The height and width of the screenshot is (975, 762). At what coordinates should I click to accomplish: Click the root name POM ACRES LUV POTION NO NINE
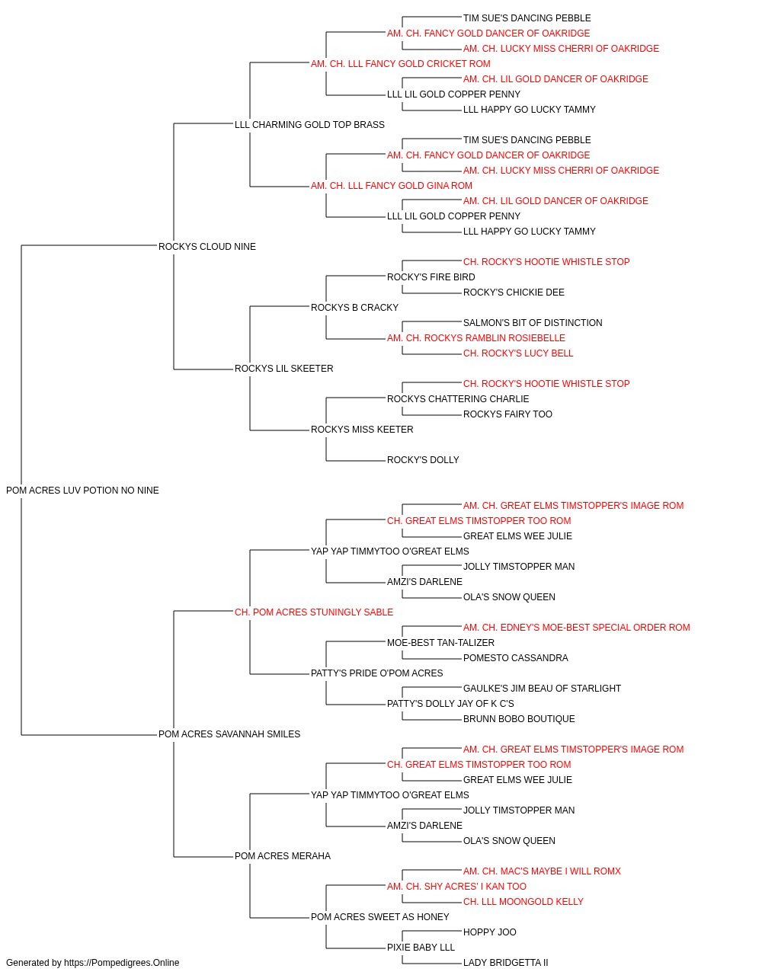(82, 491)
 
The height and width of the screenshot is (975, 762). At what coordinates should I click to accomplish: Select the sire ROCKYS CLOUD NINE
(207, 246)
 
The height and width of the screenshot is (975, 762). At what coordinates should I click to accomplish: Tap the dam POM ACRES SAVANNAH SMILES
(229, 734)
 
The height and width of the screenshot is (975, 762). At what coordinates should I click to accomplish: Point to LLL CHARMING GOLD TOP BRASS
(309, 125)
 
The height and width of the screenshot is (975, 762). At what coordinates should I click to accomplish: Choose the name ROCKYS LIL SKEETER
(284, 369)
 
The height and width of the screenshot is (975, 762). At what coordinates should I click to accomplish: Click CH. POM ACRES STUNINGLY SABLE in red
(314, 612)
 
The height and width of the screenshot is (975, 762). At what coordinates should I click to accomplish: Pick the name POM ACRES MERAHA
(283, 856)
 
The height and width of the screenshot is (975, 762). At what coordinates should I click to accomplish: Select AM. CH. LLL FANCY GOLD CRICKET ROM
(401, 64)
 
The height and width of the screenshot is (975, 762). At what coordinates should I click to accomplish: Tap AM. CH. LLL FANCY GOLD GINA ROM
(392, 186)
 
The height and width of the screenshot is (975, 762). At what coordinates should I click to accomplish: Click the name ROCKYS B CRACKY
(354, 307)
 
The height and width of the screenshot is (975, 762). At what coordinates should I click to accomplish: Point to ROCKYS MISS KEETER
(362, 430)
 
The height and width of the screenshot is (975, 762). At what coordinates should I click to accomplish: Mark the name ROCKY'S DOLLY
(423, 460)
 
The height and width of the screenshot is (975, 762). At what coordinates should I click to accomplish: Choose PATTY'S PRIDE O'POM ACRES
(377, 673)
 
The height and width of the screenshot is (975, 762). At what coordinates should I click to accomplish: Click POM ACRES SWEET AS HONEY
(380, 917)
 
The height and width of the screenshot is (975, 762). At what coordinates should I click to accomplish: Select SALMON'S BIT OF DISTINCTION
(533, 323)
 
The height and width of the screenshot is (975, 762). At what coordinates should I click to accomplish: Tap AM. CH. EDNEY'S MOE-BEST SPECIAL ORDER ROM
(577, 627)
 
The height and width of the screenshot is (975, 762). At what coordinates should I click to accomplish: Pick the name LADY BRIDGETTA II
(506, 963)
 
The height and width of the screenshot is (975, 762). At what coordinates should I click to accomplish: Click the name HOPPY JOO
(490, 932)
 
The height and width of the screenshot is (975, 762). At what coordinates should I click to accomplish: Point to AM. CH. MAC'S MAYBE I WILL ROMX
(542, 871)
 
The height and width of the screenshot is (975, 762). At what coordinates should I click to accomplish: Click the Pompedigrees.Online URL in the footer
(122, 963)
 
